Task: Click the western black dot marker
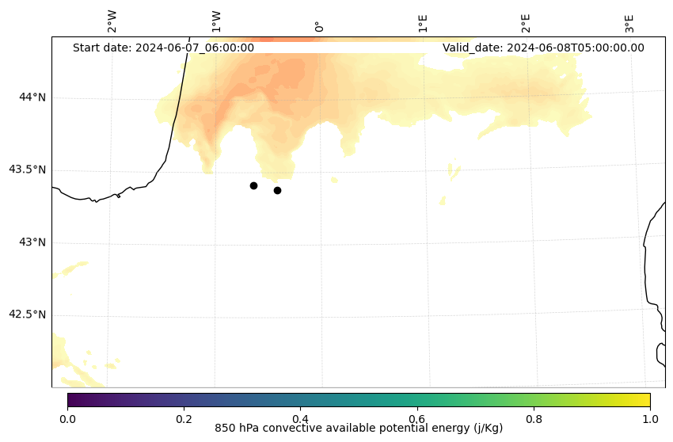tap(253, 185)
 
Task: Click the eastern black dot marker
tap(277, 190)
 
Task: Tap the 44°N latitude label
tap(32, 97)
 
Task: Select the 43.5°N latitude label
tap(27, 170)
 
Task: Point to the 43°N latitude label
tap(32, 242)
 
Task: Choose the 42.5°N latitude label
tap(27, 314)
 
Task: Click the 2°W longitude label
tap(112, 21)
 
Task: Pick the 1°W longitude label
tap(215, 21)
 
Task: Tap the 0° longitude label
tap(319, 26)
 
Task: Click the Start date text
tap(163, 48)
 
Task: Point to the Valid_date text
tap(543, 48)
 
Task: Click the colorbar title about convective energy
tap(359, 429)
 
